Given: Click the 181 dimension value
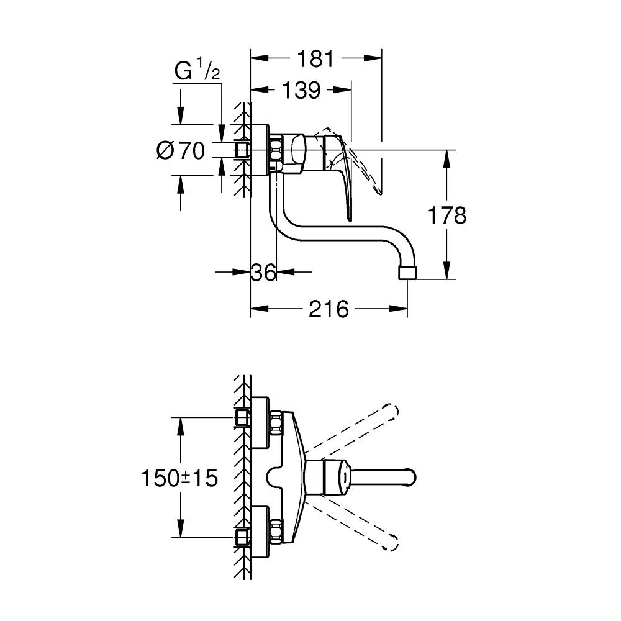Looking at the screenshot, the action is pos(315,58).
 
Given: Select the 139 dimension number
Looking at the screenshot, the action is pos(301,90).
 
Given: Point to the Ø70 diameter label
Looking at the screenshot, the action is pos(181,150).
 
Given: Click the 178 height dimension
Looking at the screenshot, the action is pos(447,215).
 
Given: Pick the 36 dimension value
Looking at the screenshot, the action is pos(263,272).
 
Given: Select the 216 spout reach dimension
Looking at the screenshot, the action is pos(329,309).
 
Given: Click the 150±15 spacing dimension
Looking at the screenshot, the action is pos(179,478).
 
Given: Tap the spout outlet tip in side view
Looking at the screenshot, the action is pos(407,273).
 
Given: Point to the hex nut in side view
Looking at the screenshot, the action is pos(276,150).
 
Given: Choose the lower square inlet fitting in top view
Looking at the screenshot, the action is pos(242,537).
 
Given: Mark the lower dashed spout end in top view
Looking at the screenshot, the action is pos(390,543).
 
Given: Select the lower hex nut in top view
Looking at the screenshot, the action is pos(276,532).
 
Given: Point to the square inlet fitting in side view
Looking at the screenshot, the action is pos(242,150).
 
